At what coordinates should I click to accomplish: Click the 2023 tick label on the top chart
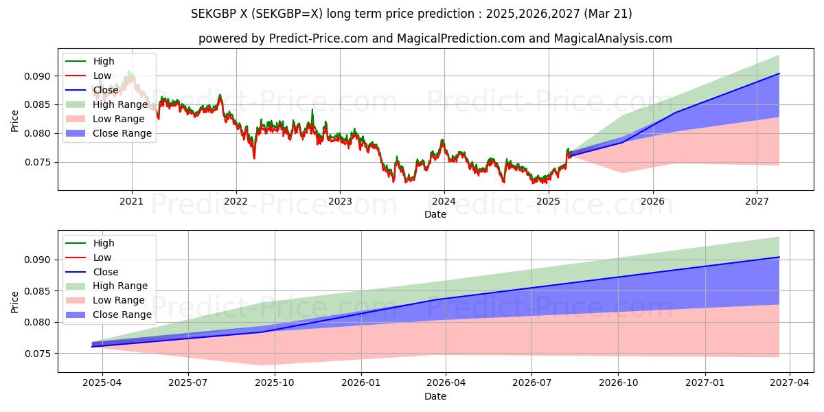(x=340, y=201)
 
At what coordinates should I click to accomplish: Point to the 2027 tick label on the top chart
(x=757, y=201)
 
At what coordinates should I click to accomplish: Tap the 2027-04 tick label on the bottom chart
(x=790, y=383)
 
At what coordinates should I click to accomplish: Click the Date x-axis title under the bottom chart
(x=435, y=396)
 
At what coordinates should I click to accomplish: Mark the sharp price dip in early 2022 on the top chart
(x=254, y=159)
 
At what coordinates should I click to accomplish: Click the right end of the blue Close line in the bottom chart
(x=779, y=257)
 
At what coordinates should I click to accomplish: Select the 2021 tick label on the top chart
(x=132, y=201)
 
